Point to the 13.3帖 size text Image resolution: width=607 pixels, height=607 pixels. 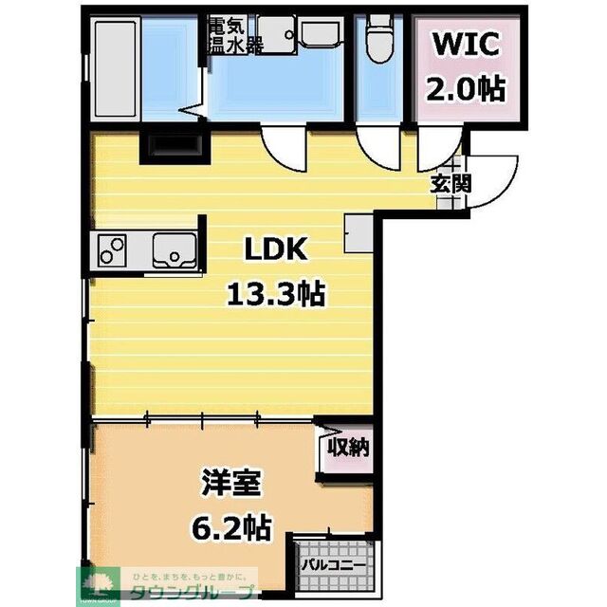pos(275,294)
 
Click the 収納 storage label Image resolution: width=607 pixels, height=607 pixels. pos(348,447)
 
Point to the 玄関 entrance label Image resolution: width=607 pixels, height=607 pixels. pos(451,184)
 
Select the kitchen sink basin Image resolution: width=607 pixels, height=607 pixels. pos(173,251)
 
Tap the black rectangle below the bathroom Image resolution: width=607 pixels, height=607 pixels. pos(172,145)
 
